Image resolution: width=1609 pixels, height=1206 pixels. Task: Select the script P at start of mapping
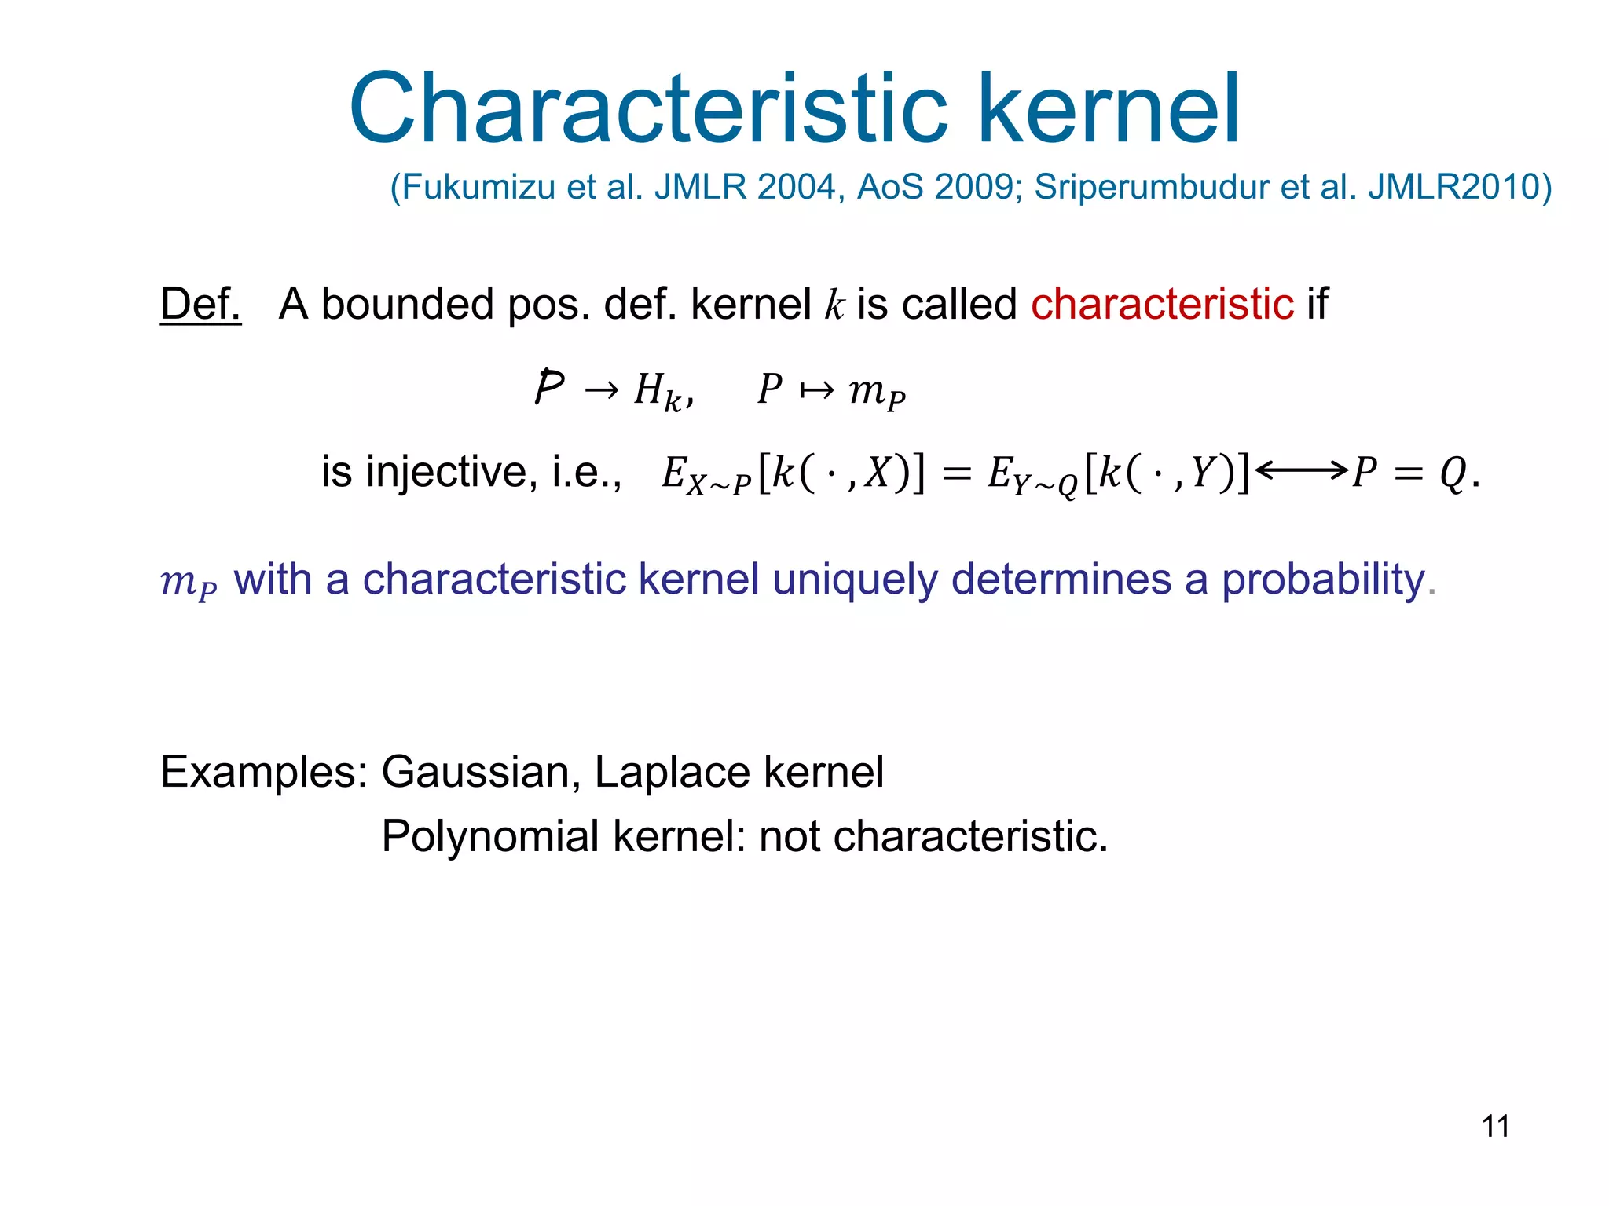pos(549,387)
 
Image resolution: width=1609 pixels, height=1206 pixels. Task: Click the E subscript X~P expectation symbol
pos(705,474)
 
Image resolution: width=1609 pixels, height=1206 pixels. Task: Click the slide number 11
pos(1495,1126)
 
